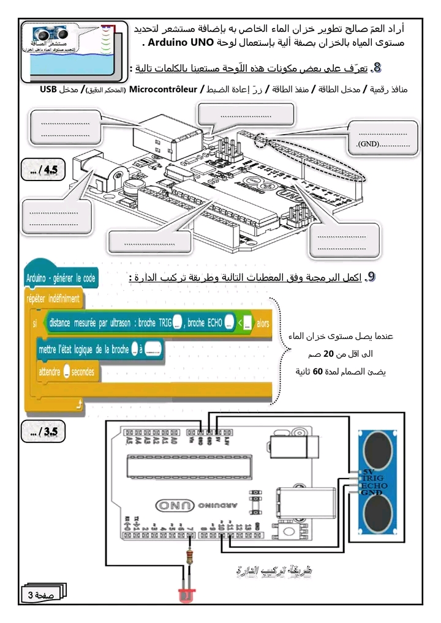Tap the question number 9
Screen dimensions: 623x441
click(370, 277)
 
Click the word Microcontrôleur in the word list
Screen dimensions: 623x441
click(163, 89)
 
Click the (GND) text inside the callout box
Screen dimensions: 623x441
click(369, 144)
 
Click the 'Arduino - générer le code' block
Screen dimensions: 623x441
click(61, 278)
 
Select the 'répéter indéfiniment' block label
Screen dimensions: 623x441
click(53, 299)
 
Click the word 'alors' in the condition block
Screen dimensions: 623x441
click(263, 323)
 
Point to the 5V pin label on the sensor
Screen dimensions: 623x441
click(367, 472)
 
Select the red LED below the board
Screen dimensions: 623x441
click(186, 594)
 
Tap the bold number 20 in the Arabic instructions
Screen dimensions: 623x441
click(328, 354)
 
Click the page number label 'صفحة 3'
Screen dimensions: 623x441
click(40, 595)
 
